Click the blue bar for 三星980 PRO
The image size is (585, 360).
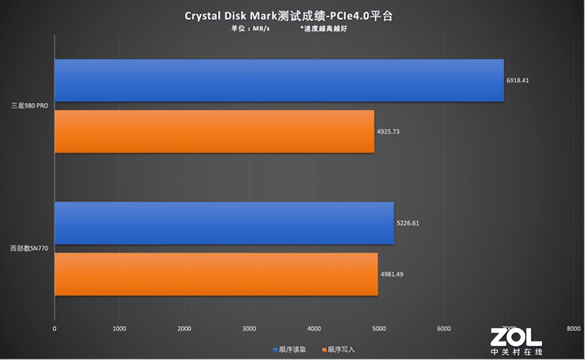(279, 80)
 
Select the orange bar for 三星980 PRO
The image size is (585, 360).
(214, 131)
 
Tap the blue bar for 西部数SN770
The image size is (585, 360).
(224, 223)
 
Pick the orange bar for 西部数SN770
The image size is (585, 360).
(216, 274)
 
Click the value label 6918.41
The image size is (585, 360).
(518, 80)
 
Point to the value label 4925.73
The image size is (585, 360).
(389, 131)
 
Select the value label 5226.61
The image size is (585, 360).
(408, 223)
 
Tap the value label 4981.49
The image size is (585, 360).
(392, 274)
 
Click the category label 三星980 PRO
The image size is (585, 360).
(30, 106)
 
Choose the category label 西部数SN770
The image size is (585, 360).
(29, 249)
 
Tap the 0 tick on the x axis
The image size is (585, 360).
(54, 328)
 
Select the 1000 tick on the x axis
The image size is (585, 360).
(119, 328)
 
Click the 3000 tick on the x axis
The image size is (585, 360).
(249, 328)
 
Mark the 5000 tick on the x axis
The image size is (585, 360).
(379, 328)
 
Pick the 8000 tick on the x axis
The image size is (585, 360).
(574, 328)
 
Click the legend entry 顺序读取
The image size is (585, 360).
(290, 349)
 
